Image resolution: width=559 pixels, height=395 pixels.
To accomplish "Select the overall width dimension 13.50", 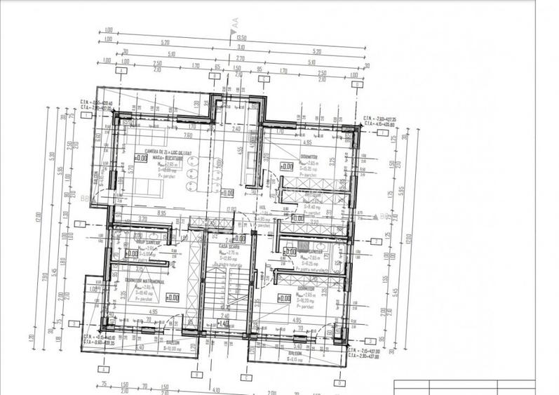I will (x=242, y=39).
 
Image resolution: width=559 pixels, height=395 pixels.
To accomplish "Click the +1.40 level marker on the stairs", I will (x=223, y=323).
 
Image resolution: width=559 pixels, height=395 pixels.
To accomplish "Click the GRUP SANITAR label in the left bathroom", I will (x=144, y=240).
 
